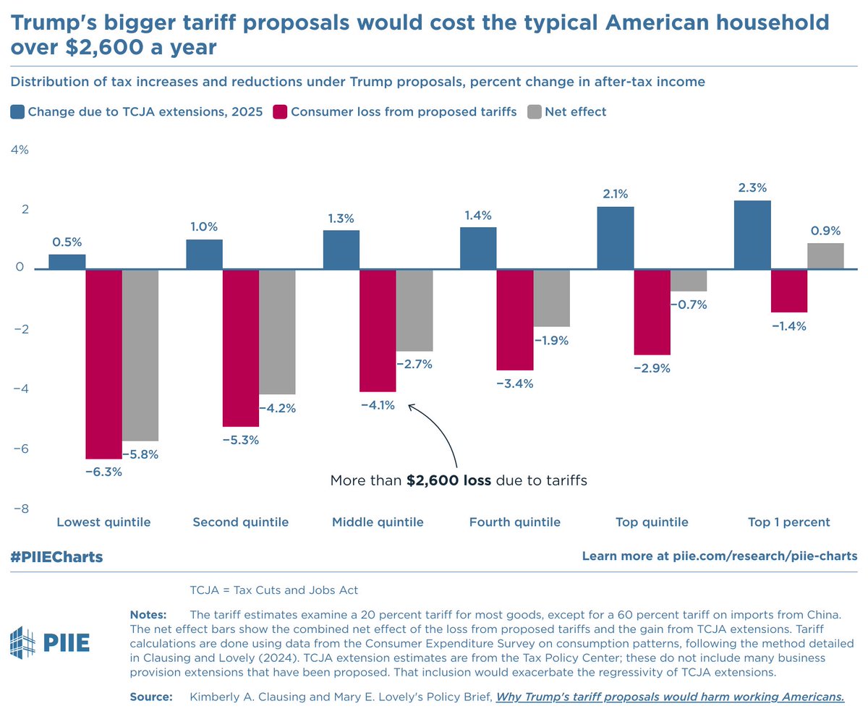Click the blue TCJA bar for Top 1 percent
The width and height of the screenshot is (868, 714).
point(752,234)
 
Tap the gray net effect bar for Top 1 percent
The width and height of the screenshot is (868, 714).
point(825,256)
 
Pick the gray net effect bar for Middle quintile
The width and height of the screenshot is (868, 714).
point(414,310)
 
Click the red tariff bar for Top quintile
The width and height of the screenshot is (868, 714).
point(652,312)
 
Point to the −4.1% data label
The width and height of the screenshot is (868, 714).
point(378,405)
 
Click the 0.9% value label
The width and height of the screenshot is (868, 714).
point(825,231)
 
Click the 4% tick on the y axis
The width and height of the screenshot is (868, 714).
point(19,150)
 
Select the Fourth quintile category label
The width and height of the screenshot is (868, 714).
point(514,522)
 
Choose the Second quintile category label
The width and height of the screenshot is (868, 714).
point(240,522)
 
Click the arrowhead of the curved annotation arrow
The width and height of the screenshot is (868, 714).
point(412,407)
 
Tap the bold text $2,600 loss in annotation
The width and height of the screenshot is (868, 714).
point(448,480)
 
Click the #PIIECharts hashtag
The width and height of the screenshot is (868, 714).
point(56,557)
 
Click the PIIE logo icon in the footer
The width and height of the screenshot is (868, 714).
point(23,642)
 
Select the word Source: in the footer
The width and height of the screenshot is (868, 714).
point(150,697)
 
